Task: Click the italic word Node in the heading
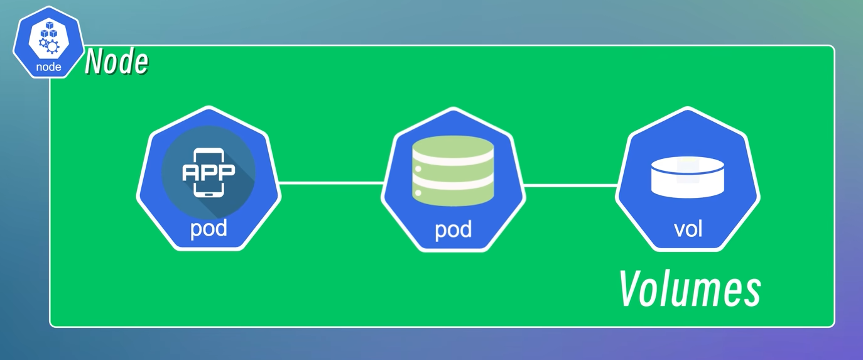117,62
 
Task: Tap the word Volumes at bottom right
690,289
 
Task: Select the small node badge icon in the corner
48,43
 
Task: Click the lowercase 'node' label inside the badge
48,67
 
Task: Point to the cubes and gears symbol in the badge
48,36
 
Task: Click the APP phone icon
209,172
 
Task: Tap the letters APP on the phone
209,172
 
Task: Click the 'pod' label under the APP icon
209,228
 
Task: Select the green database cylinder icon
453,170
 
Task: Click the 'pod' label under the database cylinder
453,229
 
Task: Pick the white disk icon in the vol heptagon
688,177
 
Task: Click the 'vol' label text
688,229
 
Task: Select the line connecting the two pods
331,183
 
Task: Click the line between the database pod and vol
570,186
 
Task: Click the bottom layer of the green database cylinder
453,196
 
